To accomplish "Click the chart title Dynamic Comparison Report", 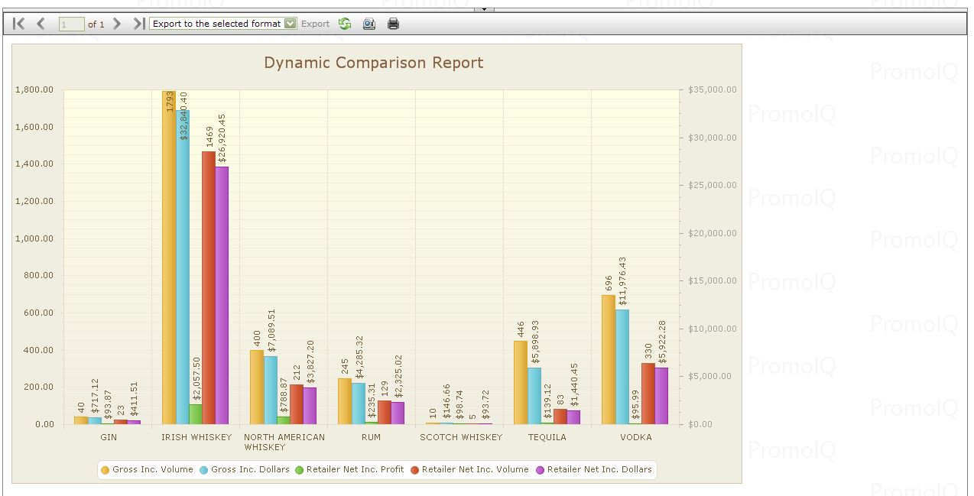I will (x=373, y=63).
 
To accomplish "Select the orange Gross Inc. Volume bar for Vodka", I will (x=609, y=359).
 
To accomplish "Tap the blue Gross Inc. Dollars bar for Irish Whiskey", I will (x=183, y=267).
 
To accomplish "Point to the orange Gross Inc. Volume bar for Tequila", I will (x=521, y=382).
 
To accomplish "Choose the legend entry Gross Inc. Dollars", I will (x=244, y=469).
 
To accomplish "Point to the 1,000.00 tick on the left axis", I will (x=34, y=238).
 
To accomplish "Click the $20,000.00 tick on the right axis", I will (x=712, y=233).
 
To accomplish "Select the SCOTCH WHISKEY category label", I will (x=461, y=437).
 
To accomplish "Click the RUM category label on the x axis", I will (x=372, y=437).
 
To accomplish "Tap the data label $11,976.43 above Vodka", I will (x=622, y=281).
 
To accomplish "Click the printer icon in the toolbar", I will (x=394, y=24).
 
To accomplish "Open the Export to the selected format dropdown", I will (x=222, y=24).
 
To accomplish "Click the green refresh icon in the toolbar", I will (x=345, y=24).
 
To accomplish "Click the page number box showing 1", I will (x=71, y=24).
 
